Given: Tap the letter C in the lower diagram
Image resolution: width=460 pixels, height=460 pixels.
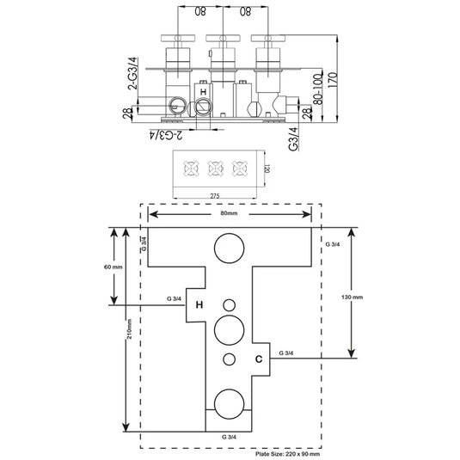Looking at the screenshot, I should (257, 357).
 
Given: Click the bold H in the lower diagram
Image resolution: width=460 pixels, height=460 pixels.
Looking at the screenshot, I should (199, 304).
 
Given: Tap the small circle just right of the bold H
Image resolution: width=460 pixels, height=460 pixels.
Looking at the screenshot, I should (230, 304).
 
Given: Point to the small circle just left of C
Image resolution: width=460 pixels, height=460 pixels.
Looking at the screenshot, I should (230, 359).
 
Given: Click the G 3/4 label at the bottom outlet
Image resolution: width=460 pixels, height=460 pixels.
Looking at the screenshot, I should (230, 437).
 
